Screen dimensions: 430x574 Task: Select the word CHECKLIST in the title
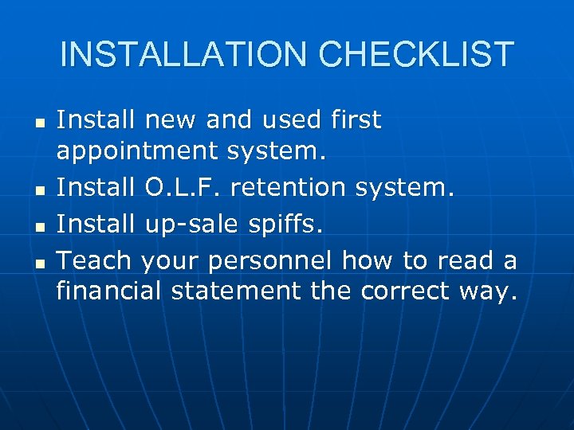(x=416, y=54)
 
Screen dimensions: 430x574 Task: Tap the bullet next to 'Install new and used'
(x=39, y=124)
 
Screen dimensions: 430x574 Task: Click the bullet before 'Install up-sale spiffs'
(x=39, y=228)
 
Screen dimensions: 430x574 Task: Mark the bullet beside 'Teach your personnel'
(x=39, y=262)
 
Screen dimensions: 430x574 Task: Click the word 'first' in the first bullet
(x=356, y=120)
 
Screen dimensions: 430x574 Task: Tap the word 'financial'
(x=110, y=291)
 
